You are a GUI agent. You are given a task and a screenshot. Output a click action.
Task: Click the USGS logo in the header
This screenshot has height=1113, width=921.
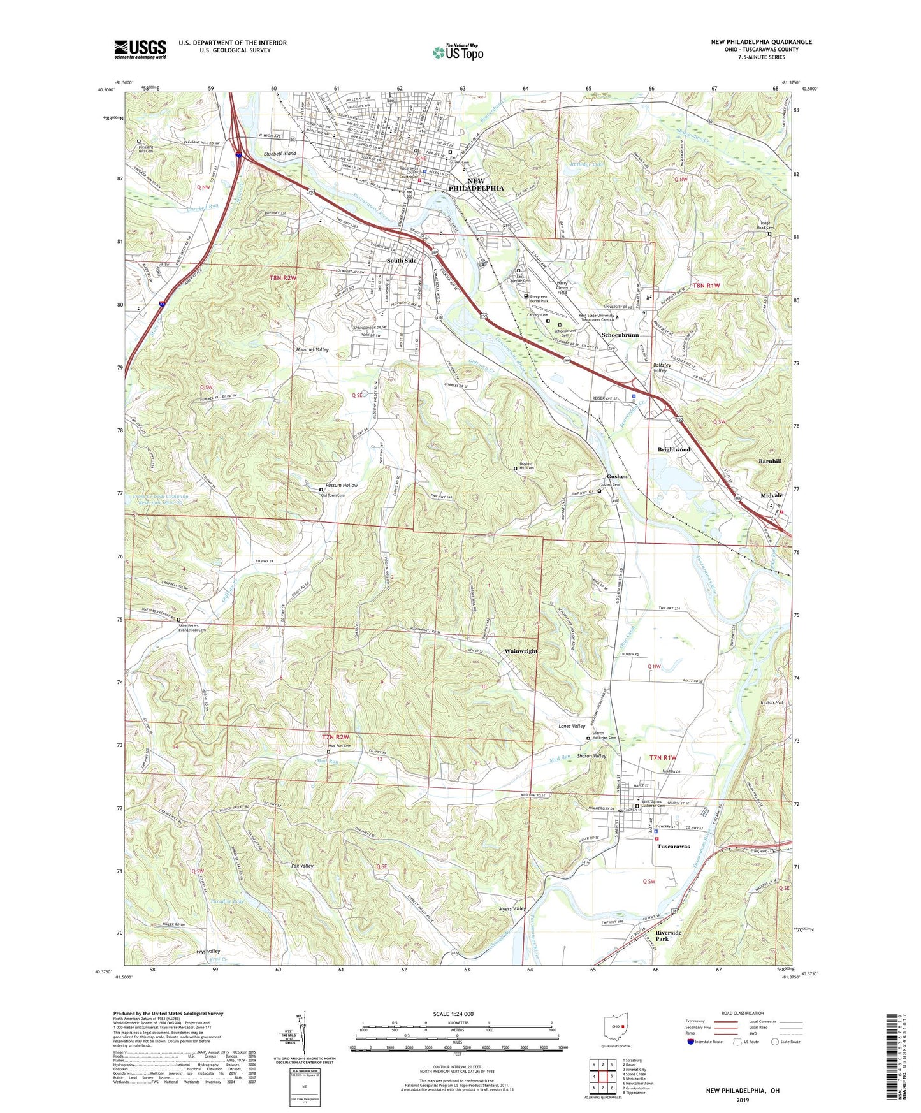140,49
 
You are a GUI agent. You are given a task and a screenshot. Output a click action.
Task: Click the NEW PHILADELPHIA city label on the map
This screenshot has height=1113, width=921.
476,185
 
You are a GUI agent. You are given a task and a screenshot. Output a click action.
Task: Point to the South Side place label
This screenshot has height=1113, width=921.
402,261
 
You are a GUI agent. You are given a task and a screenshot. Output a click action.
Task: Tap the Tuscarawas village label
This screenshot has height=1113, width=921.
673,847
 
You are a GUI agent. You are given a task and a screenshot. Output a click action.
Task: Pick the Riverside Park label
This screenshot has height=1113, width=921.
669,936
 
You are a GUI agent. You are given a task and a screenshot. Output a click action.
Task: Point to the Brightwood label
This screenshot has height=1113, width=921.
674,449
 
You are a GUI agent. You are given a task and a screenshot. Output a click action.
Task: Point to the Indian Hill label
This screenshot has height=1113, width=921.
771,702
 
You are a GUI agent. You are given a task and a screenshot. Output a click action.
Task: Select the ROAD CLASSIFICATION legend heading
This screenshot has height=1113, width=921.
742,1013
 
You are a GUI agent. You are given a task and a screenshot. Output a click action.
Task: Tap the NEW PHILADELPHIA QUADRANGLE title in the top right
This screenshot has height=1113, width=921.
761,42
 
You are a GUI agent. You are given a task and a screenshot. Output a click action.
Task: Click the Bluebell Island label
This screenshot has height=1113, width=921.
280,154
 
